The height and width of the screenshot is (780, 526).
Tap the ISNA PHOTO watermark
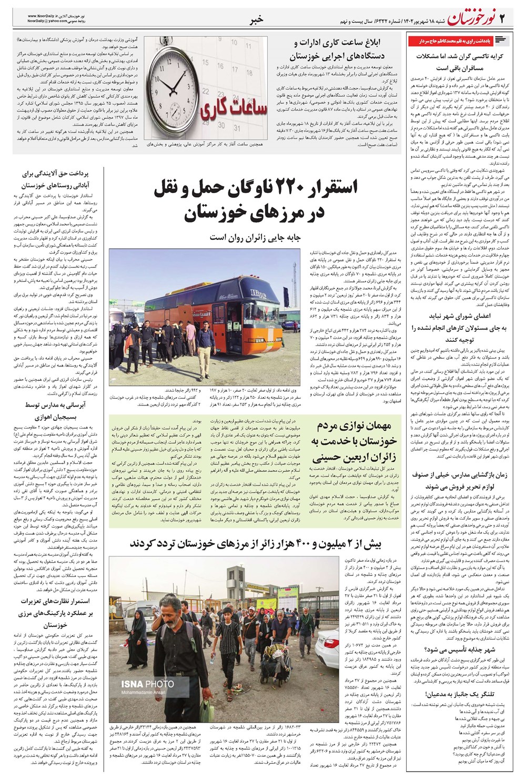click(x=147, y=684)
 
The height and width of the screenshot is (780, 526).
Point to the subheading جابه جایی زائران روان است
click(x=255, y=237)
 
